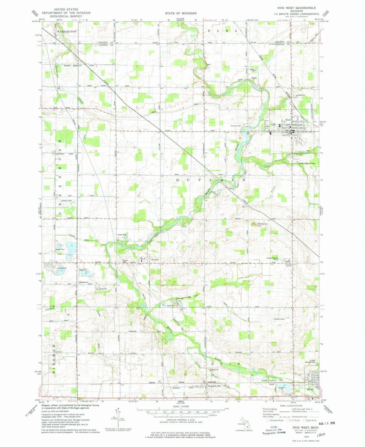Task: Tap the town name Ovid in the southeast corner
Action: [x=310, y=389]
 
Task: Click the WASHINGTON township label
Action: [x=67, y=31]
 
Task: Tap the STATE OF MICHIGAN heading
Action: [x=181, y=13]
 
